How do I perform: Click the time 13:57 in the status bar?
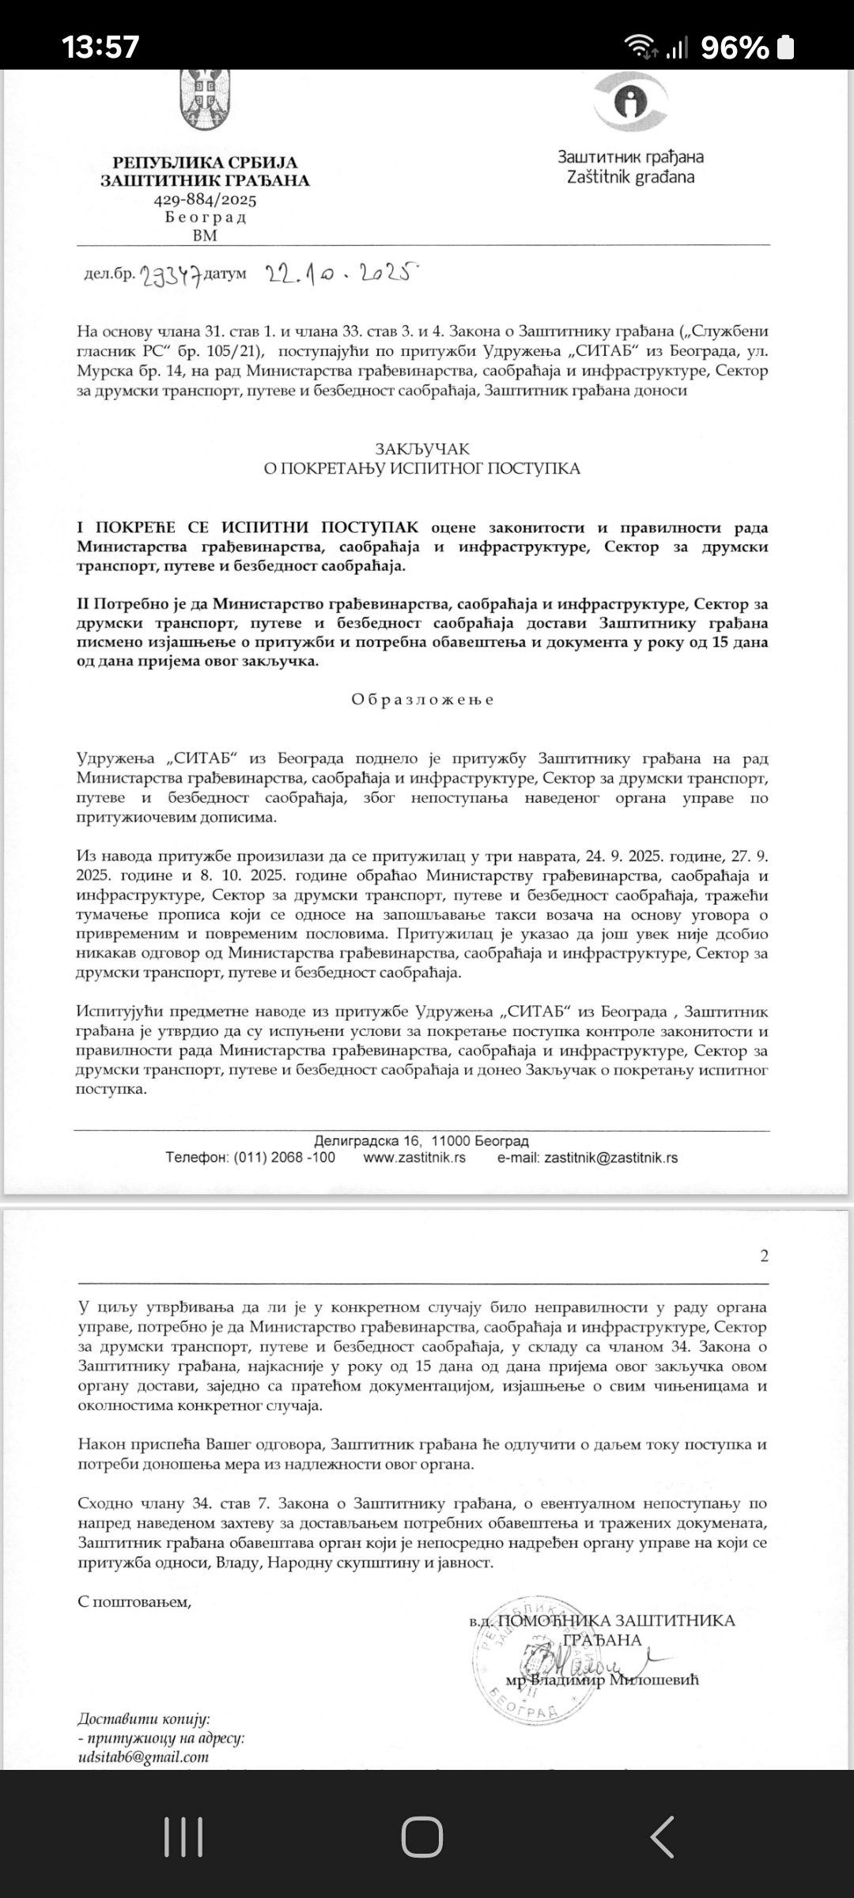[101, 47]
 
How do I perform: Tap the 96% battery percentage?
[735, 48]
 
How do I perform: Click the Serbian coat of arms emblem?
[205, 99]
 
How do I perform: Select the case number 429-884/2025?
[205, 199]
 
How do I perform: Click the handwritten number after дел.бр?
[170, 275]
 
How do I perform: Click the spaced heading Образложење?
[422, 699]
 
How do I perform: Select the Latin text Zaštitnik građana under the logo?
[630, 177]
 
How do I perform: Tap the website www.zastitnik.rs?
[414, 1158]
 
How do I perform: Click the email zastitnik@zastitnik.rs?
[611, 1158]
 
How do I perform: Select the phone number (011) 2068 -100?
[285, 1158]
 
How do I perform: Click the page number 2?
[764, 1256]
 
